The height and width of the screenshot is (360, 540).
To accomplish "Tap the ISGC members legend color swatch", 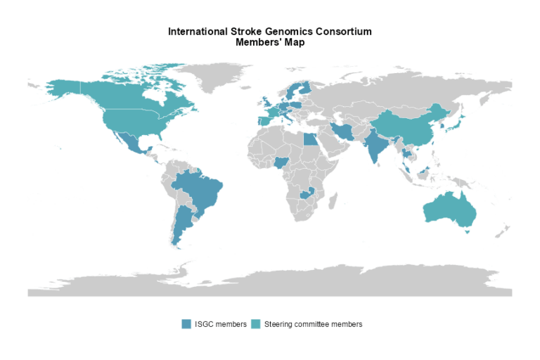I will (186, 323).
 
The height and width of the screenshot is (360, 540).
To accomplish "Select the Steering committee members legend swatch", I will (255, 323).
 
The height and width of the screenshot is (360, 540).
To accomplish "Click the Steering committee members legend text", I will (313, 324).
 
